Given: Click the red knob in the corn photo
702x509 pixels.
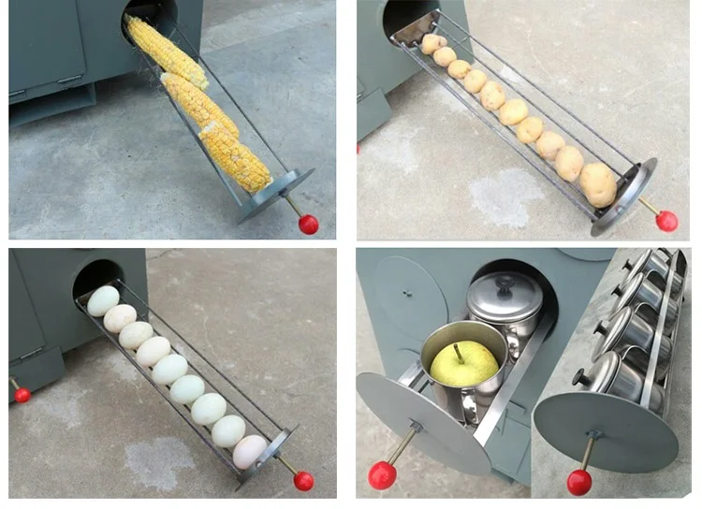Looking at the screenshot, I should pyautogui.click(x=309, y=224).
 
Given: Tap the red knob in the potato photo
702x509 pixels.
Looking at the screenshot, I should pyautogui.click(x=666, y=221).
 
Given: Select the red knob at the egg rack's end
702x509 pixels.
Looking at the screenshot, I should pyautogui.click(x=303, y=480).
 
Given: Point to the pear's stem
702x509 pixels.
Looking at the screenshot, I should pyautogui.click(x=459, y=351).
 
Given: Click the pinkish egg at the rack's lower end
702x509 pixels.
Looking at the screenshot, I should pyautogui.click(x=249, y=452).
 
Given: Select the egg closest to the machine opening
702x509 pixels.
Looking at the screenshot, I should pyautogui.click(x=103, y=300).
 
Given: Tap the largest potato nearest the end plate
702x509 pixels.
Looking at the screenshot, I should pyautogui.click(x=598, y=183).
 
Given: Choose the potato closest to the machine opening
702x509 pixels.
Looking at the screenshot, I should pyautogui.click(x=433, y=43).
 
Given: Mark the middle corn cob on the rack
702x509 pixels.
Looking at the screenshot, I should pyautogui.click(x=199, y=104).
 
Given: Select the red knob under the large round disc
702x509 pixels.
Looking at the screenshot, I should pyautogui.click(x=579, y=481).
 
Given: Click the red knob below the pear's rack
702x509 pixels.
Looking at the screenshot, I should pyautogui.click(x=382, y=475).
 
